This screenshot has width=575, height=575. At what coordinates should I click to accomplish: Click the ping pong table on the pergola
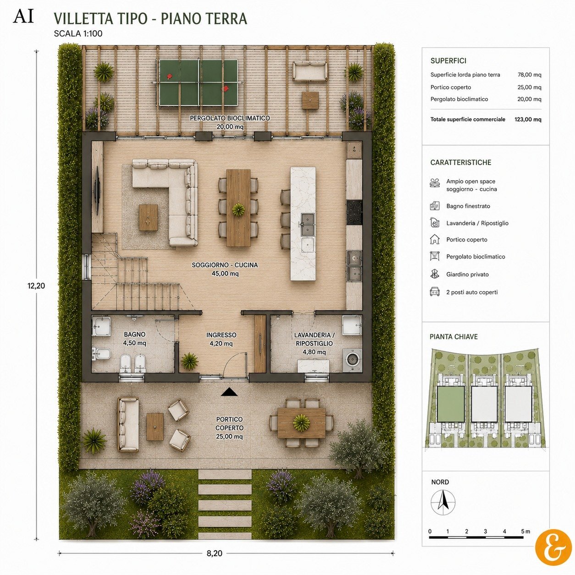coord(198,83)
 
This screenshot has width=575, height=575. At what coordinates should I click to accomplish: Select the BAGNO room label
coord(135,334)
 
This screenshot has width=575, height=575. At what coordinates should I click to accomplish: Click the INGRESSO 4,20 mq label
coord(221,339)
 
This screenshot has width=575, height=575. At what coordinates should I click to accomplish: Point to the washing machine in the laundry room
coord(352,360)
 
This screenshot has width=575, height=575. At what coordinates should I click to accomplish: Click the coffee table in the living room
coord(148,217)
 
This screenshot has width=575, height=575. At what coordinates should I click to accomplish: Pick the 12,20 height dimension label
coord(36,286)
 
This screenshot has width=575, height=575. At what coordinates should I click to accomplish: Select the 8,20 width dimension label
coord(215,545)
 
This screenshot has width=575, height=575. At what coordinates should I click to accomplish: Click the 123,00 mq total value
coord(528,119)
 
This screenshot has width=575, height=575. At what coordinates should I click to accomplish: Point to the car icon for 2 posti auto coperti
coord(434,292)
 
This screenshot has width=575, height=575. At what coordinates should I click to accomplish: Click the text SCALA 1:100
coord(78,33)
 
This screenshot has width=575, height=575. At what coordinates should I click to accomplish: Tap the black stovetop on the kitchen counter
coord(354,212)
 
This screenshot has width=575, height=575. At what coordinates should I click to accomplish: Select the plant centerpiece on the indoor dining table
coord(238,210)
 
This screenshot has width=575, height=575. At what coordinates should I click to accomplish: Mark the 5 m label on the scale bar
coord(526,531)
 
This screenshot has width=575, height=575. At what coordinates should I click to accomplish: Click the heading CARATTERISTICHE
coord(460,163)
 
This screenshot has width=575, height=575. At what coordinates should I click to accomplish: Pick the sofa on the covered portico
coord(128,424)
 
